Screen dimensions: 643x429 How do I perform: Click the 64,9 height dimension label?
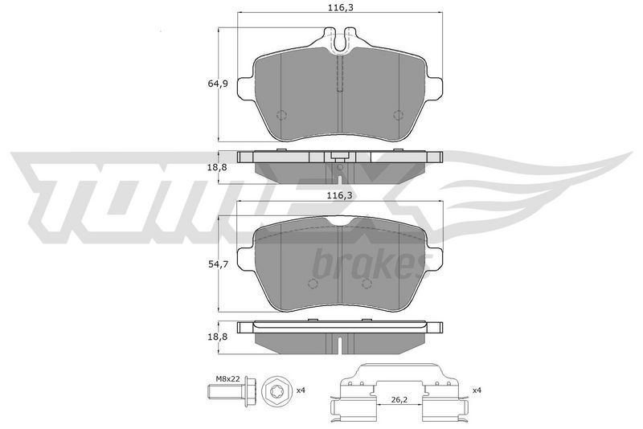click(218, 84)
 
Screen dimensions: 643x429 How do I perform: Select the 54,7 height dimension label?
click(218, 264)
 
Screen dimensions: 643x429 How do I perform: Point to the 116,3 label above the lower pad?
click(339, 196)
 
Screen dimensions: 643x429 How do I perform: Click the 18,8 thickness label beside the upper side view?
click(218, 167)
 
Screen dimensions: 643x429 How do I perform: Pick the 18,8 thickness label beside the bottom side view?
click(218, 337)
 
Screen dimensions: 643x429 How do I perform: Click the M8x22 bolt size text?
click(228, 378)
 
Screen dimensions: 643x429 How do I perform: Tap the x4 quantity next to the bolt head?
click(301, 390)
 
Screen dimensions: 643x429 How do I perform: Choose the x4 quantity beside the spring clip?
click(477, 390)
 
